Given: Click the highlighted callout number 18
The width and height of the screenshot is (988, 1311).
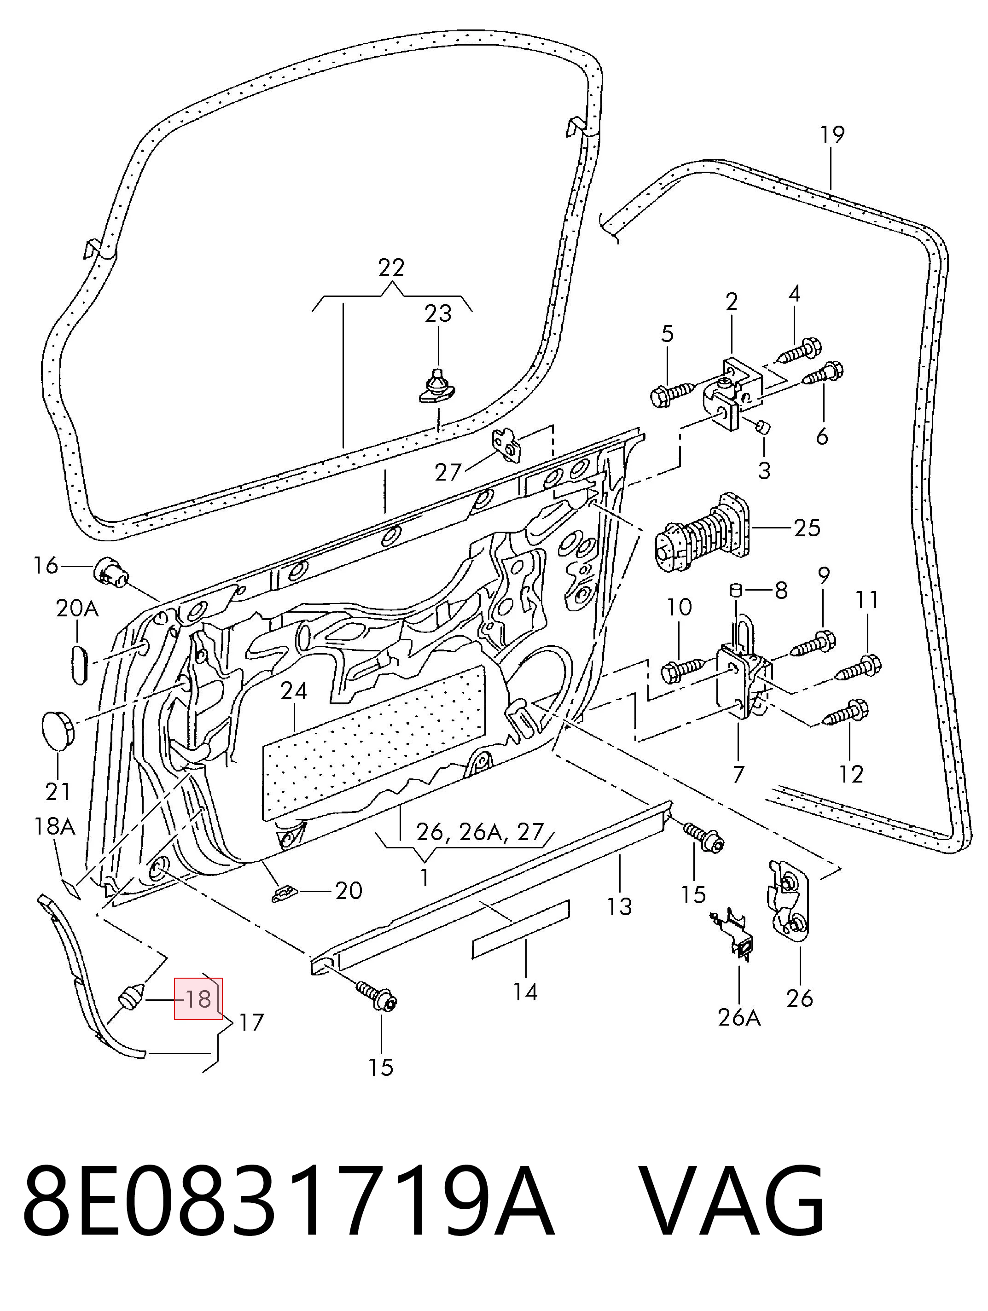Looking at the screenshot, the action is (x=198, y=1000).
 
